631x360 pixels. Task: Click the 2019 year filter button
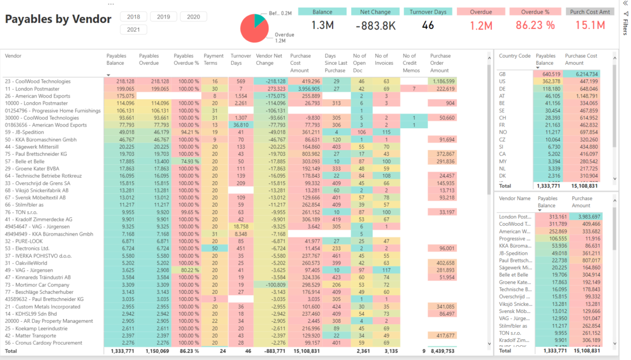pyautogui.click(x=163, y=17)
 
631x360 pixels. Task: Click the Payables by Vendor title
pyautogui.click(x=58, y=19)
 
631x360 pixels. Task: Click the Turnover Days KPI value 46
pyautogui.click(x=428, y=25)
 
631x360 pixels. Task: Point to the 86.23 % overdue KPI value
pyautogui.click(x=535, y=25)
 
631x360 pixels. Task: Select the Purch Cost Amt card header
pyautogui.click(x=590, y=12)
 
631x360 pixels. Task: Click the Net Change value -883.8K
pyautogui.click(x=375, y=25)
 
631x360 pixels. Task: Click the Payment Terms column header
pyautogui.click(x=213, y=59)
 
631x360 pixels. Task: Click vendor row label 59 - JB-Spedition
pyautogui.click(x=25, y=132)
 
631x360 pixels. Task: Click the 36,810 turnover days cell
pyautogui.click(x=240, y=125)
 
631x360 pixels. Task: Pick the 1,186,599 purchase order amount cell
pyautogui.click(x=444, y=81)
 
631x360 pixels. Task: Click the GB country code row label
pyautogui.click(x=503, y=74)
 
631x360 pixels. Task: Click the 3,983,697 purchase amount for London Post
pyautogui.click(x=586, y=217)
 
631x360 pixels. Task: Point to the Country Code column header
pyautogui.click(x=514, y=56)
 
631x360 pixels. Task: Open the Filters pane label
pyautogui.click(x=626, y=25)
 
